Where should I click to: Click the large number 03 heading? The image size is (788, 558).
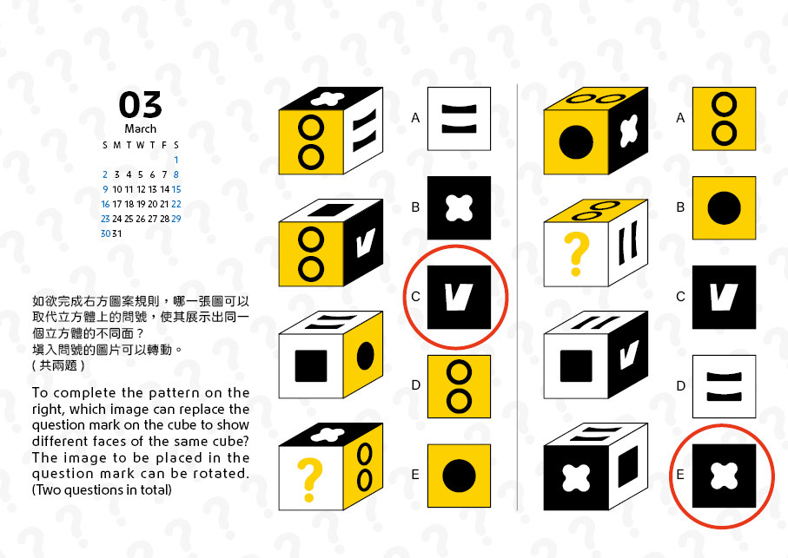pyautogui.click(x=140, y=105)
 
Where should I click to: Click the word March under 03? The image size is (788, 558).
pyautogui.click(x=140, y=129)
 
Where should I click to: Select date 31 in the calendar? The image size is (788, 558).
pyautogui.click(x=117, y=233)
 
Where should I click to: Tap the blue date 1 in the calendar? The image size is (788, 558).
pyautogui.click(x=176, y=160)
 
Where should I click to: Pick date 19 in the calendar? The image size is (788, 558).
pyautogui.click(x=141, y=204)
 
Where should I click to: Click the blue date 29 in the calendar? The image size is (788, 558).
pyautogui.click(x=176, y=219)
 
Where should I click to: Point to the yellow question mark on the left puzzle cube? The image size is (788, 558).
pyautogui.click(x=309, y=480)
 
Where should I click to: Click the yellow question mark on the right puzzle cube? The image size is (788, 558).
pyautogui.click(x=576, y=254)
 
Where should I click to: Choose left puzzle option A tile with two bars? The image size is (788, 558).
pyautogui.click(x=459, y=119)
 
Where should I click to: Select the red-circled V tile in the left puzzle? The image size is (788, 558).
pyautogui.click(x=459, y=297)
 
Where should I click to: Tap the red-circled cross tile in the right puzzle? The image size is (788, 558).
pyautogui.click(x=725, y=476)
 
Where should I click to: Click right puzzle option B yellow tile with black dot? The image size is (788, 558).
pyautogui.click(x=725, y=207)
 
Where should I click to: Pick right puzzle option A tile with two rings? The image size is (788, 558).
pyautogui.click(x=725, y=119)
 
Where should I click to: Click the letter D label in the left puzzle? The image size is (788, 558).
pyautogui.click(x=415, y=385)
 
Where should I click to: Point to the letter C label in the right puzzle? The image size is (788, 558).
pyautogui.click(x=680, y=297)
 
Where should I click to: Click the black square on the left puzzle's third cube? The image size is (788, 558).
pyautogui.click(x=311, y=366)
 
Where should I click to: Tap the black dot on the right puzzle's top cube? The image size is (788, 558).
pyautogui.click(x=576, y=142)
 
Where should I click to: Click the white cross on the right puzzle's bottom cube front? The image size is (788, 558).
pyautogui.click(x=576, y=477)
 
